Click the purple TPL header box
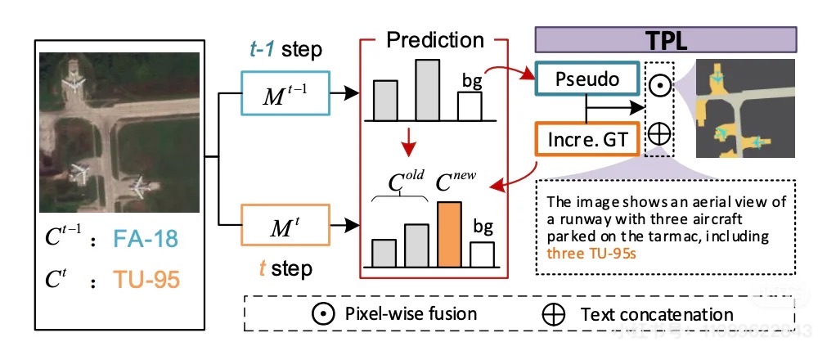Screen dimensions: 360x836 click(x=665, y=39)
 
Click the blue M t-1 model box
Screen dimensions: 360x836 click(x=283, y=94)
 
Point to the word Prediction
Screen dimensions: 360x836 click(x=435, y=40)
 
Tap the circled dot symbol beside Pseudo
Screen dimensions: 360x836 click(x=658, y=83)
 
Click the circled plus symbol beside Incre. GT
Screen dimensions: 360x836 click(x=658, y=133)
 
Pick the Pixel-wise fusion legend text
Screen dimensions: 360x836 click(x=411, y=313)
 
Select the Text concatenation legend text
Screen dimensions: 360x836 click(x=657, y=314)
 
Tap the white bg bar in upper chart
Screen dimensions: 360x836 click(x=469, y=106)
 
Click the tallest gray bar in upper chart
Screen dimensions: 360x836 click(x=428, y=90)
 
